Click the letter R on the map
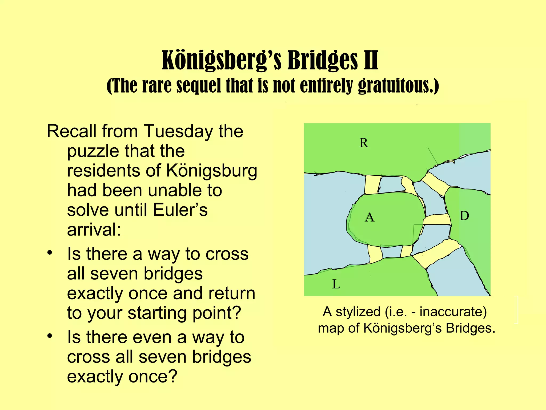[x=364, y=143]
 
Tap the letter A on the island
[x=370, y=217]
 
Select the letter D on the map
[x=464, y=216]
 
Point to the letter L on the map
[x=336, y=284]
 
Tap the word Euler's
[x=180, y=210]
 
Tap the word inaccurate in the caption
[x=453, y=312]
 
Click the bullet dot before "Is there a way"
[x=50, y=253]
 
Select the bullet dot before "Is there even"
[x=50, y=336]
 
